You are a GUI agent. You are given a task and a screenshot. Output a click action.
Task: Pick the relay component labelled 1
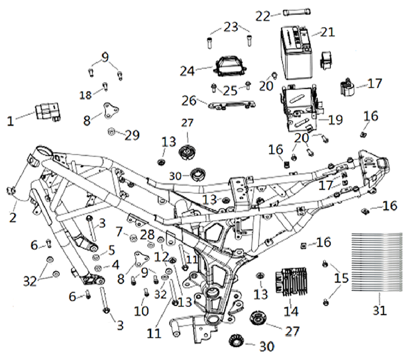point(47,112)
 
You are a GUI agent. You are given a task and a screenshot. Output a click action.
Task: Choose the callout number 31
point(380,311)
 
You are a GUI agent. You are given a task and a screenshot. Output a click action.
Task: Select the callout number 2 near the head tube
point(13,216)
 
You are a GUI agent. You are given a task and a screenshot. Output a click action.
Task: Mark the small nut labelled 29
point(110,132)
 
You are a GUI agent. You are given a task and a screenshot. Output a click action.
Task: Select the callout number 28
point(147,235)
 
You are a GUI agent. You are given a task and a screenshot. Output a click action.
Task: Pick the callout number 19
point(335,120)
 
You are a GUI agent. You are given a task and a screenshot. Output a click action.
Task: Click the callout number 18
point(86,95)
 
